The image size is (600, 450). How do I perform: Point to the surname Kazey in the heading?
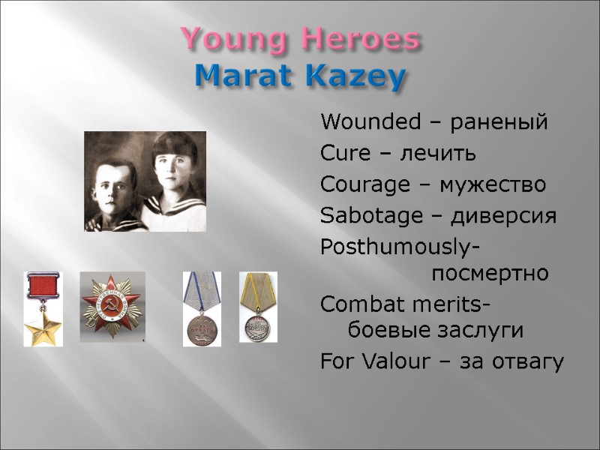pyautogui.click(x=351, y=76)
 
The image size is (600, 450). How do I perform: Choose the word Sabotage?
pyautogui.click(x=361, y=217)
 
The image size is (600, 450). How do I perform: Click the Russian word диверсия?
pyautogui.click(x=510, y=217)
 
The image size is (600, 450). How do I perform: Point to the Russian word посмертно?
pyautogui.click(x=490, y=273)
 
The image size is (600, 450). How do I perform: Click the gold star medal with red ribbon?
pyautogui.click(x=43, y=309)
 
